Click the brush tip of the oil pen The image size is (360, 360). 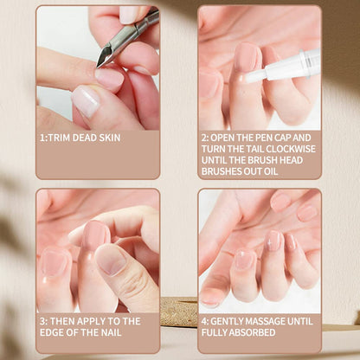coord(251,78)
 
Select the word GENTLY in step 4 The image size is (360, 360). coord(234,320)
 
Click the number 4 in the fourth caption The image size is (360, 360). coord(205,320)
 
